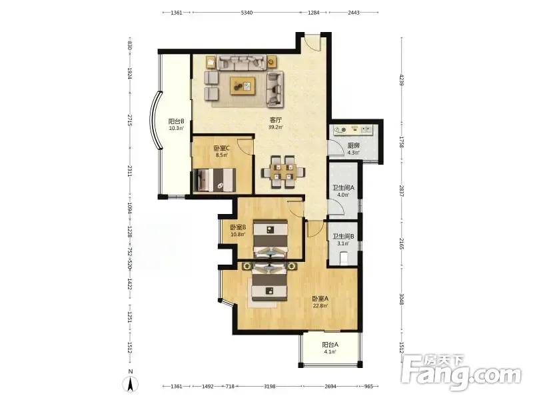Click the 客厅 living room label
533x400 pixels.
click(x=276, y=120)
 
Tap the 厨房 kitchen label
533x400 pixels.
click(x=354, y=145)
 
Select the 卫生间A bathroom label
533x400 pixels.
click(x=343, y=188)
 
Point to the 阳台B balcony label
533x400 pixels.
click(x=177, y=121)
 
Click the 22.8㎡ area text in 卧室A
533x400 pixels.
click(x=320, y=306)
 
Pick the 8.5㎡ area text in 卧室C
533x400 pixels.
click(x=222, y=155)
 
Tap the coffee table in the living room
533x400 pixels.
click(x=243, y=86)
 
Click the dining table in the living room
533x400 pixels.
click(x=282, y=171)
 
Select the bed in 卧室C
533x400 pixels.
click(x=214, y=180)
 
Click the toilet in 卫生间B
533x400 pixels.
click(x=344, y=257)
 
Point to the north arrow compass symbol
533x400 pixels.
click(x=130, y=384)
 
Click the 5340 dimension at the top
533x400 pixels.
click(x=247, y=13)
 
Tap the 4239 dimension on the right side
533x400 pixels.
click(x=402, y=80)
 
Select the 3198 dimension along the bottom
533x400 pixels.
click(x=270, y=386)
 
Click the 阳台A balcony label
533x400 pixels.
click(x=330, y=345)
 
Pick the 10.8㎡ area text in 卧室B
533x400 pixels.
click(x=238, y=235)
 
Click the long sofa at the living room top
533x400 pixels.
click(x=242, y=62)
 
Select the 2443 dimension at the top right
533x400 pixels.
click(x=354, y=13)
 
